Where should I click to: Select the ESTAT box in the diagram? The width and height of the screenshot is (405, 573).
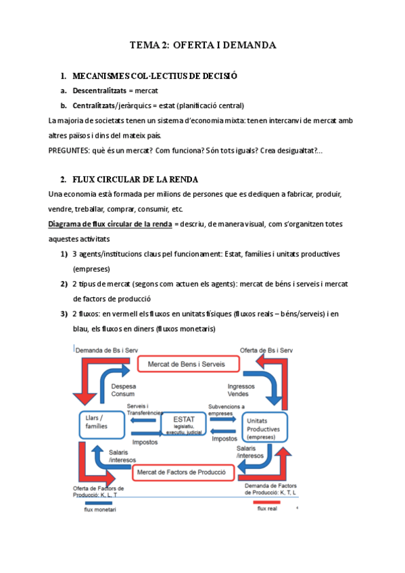(x=183, y=424)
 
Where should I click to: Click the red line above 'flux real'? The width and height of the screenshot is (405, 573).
(x=266, y=502)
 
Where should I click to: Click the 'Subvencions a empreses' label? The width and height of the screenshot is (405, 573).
(x=227, y=409)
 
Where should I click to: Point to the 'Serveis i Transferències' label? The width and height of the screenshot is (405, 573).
(x=143, y=409)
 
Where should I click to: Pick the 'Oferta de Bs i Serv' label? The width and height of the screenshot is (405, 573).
(x=266, y=350)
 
